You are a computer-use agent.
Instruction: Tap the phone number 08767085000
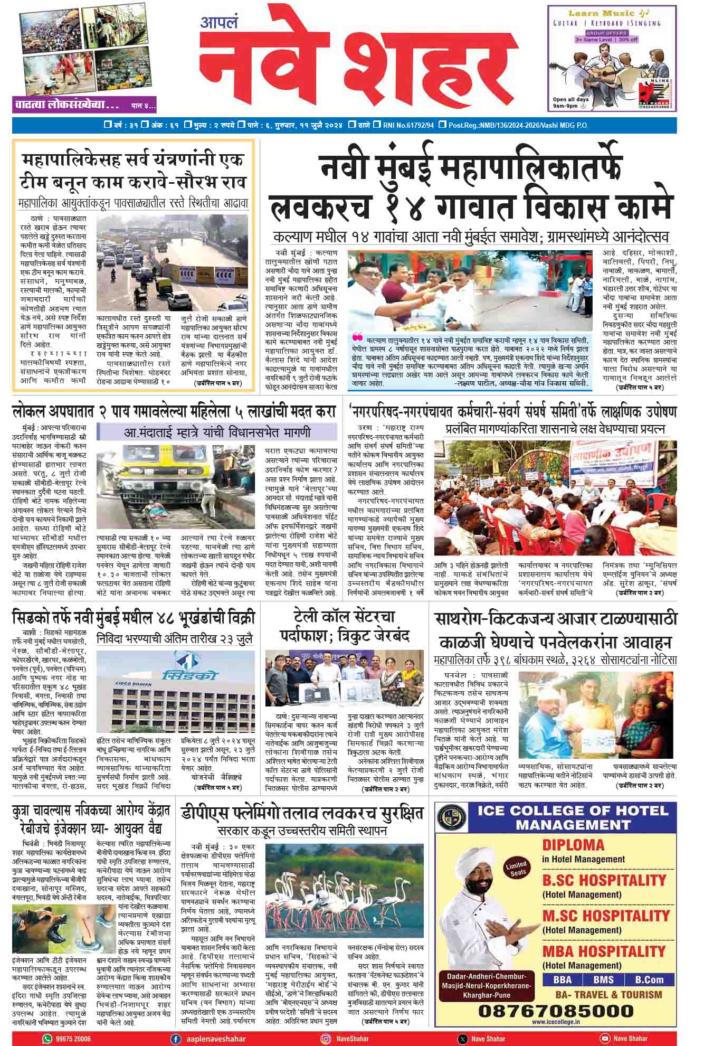pyautogui.click(x=556, y=1011)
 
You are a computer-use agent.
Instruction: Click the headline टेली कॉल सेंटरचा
pyautogui.click(x=344, y=616)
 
